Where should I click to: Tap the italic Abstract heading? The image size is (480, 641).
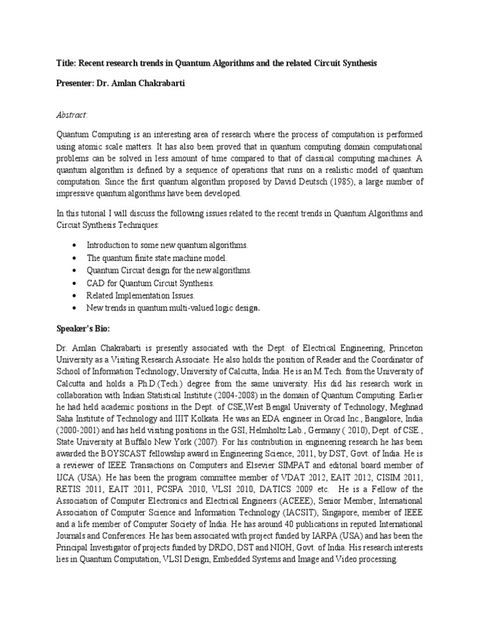(x=72, y=115)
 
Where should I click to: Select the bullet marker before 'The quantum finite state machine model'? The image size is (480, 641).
(x=75, y=258)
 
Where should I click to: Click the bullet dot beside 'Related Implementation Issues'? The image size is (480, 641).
(x=75, y=295)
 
